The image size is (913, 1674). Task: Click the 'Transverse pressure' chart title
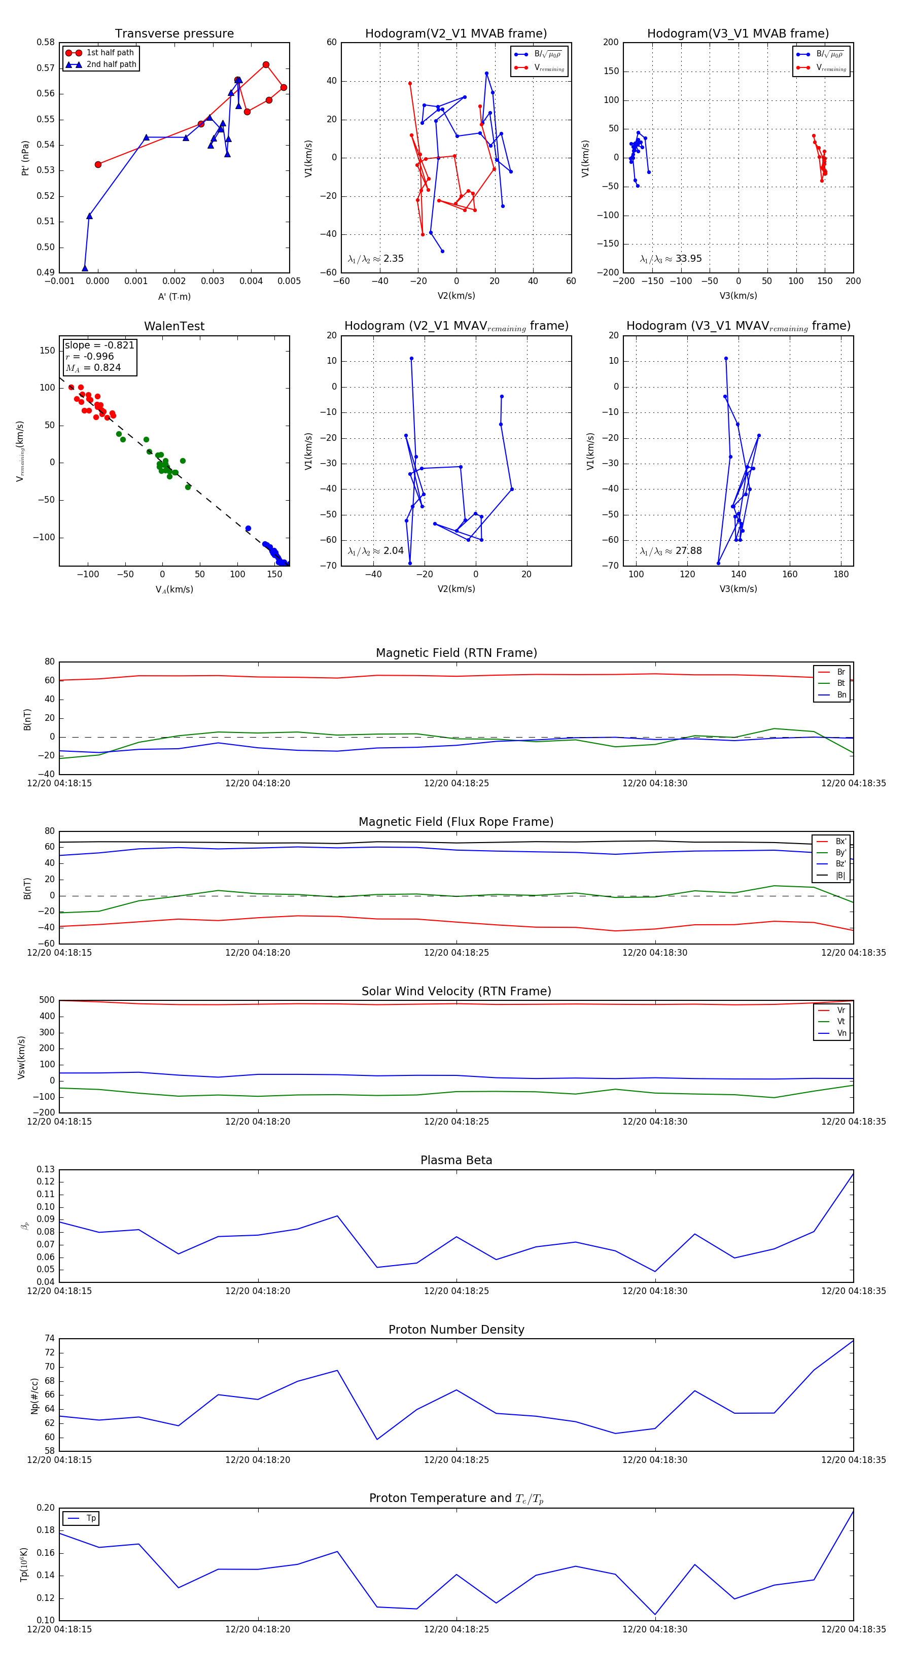pyautogui.click(x=174, y=34)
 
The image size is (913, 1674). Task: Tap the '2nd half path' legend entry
pyautogui.click(x=111, y=64)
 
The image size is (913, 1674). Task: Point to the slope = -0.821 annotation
pyautogui.click(x=99, y=345)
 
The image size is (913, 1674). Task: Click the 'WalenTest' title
pyautogui.click(x=174, y=326)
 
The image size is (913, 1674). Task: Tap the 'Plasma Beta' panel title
pyautogui.click(x=456, y=1160)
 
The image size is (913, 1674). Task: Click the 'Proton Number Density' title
pyautogui.click(x=456, y=1330)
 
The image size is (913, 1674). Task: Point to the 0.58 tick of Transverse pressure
pyautogui.click(x=46, y=42)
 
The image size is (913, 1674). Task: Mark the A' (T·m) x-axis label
pyautogui.click(x=174, y=296)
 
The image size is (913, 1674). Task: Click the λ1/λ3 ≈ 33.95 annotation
pyautogui.click(x=671, y=259)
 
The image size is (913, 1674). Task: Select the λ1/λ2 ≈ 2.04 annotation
pyautogui.click(x=375, y=551)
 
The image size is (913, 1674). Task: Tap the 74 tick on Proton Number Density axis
pyautogui.click(x=49, y=1339)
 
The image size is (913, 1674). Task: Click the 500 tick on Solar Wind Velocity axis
pyautogui.click(x=47, y=1000)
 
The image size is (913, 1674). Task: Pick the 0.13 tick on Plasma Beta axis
pyautogui.click(x=46, y=1169)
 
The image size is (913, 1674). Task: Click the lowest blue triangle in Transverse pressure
pyautogui.click(x=85, y=268)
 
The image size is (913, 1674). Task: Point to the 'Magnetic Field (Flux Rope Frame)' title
pyautogui.click(x=456, y=822)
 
